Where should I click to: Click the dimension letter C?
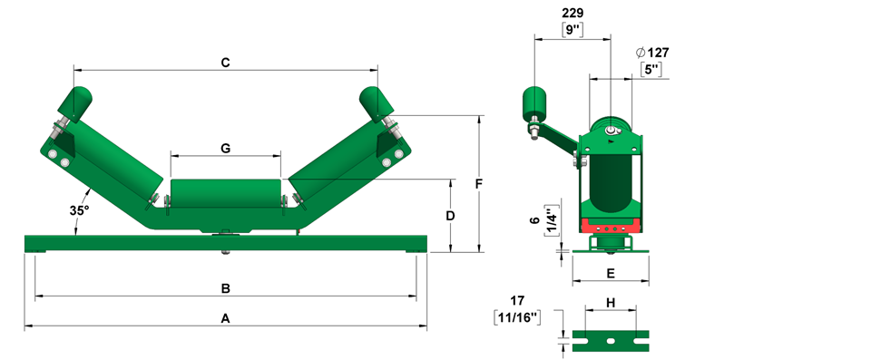click(x=225, y=63)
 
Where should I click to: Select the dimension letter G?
click(x=226, y=149)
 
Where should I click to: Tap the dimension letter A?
click(x=225, y=318)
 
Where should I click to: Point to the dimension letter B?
click(x=226, y=288)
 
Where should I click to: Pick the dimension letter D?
click(x=451, y=216)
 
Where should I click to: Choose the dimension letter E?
click(x=611, y=273)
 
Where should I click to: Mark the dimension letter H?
click(x=611, y=303)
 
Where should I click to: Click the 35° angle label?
click(x=79, y=210)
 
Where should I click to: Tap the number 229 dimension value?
click(x=573, y=13)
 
